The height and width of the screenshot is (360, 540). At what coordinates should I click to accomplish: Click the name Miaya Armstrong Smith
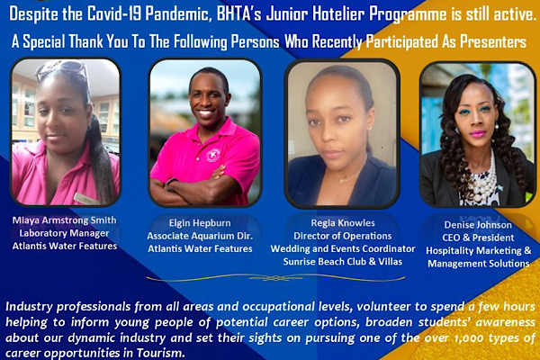point(65,220)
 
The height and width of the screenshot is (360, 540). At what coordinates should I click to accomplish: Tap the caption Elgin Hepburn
point(200,223)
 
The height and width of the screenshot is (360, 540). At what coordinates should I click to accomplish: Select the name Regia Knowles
point(343,223)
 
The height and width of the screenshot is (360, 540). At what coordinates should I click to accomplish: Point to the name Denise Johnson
point(478,225)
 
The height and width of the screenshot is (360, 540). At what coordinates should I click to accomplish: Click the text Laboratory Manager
point(65,233)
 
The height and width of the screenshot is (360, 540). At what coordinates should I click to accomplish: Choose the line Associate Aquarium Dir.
point(200,236)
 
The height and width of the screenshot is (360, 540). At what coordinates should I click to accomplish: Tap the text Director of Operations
point(343,236)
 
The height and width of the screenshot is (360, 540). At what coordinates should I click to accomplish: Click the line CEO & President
point(478,238)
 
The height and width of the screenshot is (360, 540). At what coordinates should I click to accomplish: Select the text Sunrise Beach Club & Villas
point(343,262)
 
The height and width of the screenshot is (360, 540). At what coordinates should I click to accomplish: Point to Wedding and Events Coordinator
point(343,249)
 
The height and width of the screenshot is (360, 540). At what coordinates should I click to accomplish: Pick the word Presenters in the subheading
point(493,42)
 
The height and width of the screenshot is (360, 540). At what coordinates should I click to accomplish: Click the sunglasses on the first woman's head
point(62,69)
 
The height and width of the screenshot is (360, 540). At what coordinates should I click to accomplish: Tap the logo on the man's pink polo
point(213,155)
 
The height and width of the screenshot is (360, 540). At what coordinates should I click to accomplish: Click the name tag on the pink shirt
point(84,198)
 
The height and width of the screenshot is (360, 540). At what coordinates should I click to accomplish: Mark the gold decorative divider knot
point(275,277)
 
